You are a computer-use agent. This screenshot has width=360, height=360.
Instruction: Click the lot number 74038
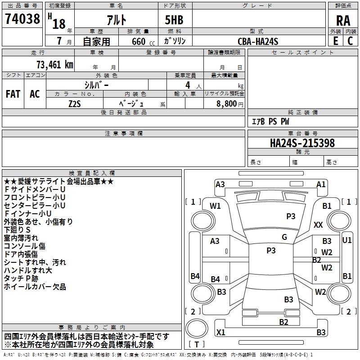pyautogui.click(x=22, y=18)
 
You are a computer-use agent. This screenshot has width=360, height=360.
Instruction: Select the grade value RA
pyautogui.click(x=343, y=21)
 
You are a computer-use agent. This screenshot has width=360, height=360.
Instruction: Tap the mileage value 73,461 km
pyautogui.click(x=55, y=65)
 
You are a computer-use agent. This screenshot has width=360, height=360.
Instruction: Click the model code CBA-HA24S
pyautogui.click(x=258, y=41)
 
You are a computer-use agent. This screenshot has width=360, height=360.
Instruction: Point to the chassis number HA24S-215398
pyautogui.click(x=302, y=143)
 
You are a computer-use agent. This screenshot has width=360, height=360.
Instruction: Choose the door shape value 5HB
pyautogui.click(x=174, y=20)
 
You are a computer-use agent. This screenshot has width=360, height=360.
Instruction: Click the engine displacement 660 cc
pyautogui.click(x=143, y=42)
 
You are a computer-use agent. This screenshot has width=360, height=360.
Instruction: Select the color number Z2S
pyautogui.click(x=75, y=104)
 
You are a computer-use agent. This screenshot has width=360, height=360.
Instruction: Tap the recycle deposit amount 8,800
pyautogui.click(x=226, y=104)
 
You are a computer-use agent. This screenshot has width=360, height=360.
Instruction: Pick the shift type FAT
pyautogui.click(x=13, y=94)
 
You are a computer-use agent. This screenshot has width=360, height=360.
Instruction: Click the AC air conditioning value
pyautogui.click(x=35, y=94)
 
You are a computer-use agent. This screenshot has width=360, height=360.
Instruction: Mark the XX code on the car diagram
pyautogui.click(x=318, y=225)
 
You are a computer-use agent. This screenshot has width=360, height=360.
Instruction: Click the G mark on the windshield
pyautogui.click(x=284, y=237)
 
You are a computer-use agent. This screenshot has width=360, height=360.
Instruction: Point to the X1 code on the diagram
pyautogui.click(x=220, y=332)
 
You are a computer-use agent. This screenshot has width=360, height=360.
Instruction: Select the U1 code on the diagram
pyautogui.click(x=346, y=240)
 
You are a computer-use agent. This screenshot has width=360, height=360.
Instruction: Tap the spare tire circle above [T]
pyautogui.click(x=197, y=328)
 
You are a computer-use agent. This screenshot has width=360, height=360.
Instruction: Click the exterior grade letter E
pyautogui.click(x=336, y=41)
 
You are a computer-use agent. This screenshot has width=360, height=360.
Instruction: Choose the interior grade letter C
pyautogui.click(x=350, y=41)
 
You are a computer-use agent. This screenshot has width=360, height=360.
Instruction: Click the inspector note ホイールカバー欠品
pyautogui.click(x=35, y=287)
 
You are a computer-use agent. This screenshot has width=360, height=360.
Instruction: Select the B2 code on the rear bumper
pyautogui.click(x=283, y=322)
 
